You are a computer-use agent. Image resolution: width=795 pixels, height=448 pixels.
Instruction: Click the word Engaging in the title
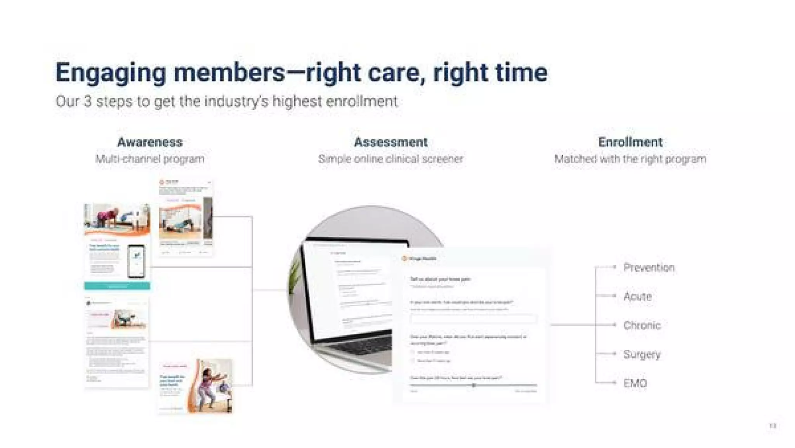click(111, 73)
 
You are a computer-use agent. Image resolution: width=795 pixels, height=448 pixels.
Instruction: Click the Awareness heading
click(150, 142)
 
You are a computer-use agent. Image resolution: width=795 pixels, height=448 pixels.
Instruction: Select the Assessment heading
click(391, 142)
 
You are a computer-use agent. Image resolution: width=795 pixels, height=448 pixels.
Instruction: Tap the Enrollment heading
click(630, 142)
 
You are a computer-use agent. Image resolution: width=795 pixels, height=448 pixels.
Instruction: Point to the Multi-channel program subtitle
click(150, 159)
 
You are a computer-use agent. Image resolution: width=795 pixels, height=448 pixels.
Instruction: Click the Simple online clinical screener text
click(391, 159)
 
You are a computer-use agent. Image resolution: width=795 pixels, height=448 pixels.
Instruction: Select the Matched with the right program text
click(630, 159)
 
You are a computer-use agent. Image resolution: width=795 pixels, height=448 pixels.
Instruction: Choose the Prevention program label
click(649, 267)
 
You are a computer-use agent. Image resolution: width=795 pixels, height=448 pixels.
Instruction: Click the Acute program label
click(637, 297)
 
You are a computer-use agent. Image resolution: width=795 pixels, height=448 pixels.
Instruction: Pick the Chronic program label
click(642, 325)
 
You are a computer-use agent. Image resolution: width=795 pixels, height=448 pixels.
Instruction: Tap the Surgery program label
click(642, 354)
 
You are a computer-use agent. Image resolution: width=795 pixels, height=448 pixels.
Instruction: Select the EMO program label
click(635, 384)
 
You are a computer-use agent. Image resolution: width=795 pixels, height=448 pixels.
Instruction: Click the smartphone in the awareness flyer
click(137, 261)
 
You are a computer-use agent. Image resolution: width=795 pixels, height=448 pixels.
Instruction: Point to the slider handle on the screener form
click(474, 385)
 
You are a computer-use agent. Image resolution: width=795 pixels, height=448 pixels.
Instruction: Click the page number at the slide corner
click(772, 426)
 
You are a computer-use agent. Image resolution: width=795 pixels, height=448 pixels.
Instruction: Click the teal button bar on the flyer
click(117, 287)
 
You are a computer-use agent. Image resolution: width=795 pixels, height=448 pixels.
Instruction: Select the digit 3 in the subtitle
click(88, 102)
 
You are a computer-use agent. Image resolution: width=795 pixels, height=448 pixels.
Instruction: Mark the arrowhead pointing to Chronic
click(614, 325)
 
